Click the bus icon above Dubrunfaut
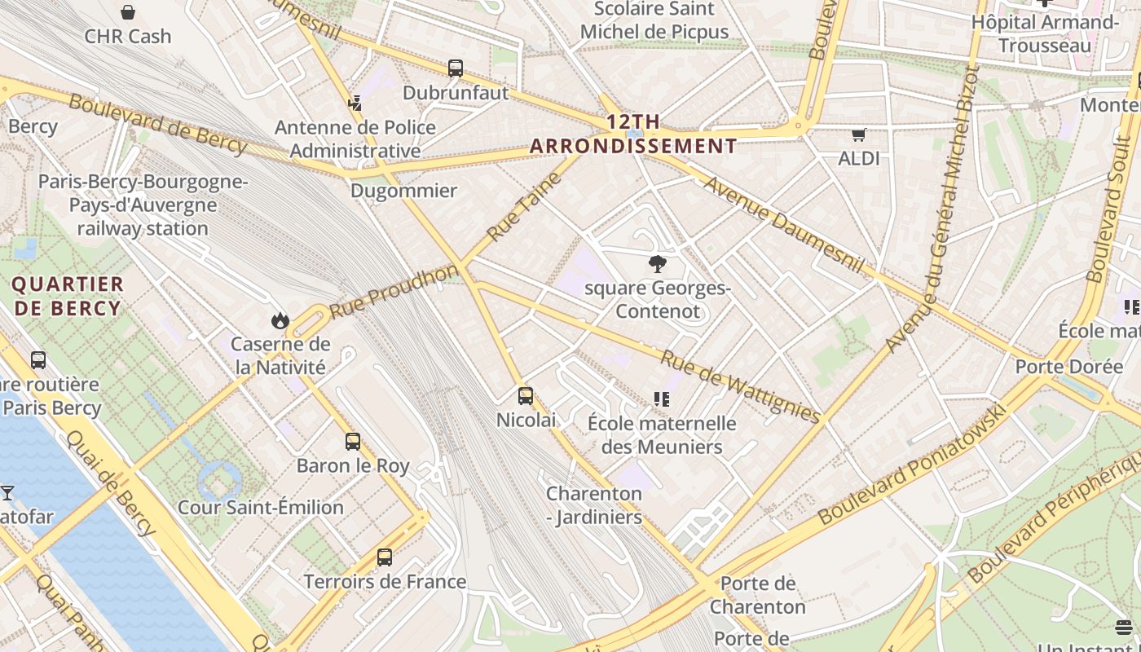456,68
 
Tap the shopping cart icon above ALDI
858,134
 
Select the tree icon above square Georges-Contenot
657,264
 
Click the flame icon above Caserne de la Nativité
280,320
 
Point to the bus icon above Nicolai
526,396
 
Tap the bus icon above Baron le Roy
353,442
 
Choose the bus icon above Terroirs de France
385,557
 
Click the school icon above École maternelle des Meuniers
661,399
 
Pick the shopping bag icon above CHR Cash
128,12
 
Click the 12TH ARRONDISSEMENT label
634,134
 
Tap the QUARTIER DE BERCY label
68,296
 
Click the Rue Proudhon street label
394,291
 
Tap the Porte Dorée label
1068,366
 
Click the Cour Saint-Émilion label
261,507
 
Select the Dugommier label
403,191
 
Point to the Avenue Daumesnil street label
783,223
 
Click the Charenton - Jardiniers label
594,505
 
